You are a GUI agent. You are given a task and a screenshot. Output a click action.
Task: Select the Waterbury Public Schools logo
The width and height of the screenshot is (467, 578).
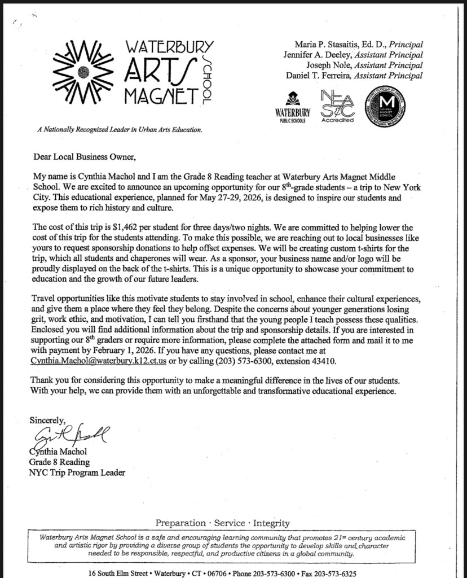click(293, 107)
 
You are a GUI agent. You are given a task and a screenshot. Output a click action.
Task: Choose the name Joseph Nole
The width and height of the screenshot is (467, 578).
click(332, 65)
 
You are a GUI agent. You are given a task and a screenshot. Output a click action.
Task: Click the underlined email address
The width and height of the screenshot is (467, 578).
click(97, 361)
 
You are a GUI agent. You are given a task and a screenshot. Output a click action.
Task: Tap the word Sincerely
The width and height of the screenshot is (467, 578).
click(47, 420)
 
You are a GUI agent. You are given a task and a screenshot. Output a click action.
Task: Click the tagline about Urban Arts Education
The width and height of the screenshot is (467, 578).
click(118, 130)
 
